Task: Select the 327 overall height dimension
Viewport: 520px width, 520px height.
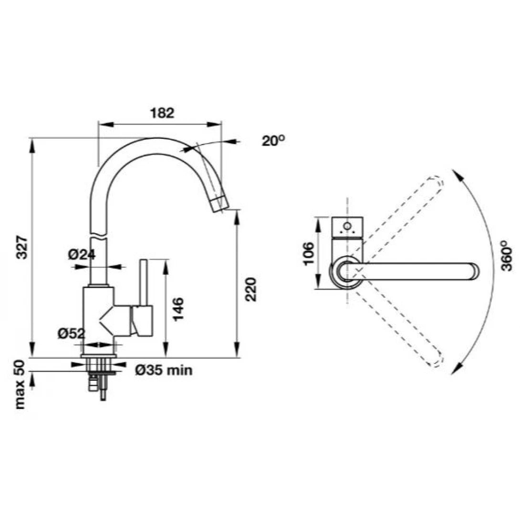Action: click(x=21, y=247)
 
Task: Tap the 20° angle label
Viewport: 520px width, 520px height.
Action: click(x=273, y=141)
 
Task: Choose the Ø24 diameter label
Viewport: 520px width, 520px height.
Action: click(x=82, y=255)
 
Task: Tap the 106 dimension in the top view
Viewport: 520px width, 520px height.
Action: click(x=309, y=253)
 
